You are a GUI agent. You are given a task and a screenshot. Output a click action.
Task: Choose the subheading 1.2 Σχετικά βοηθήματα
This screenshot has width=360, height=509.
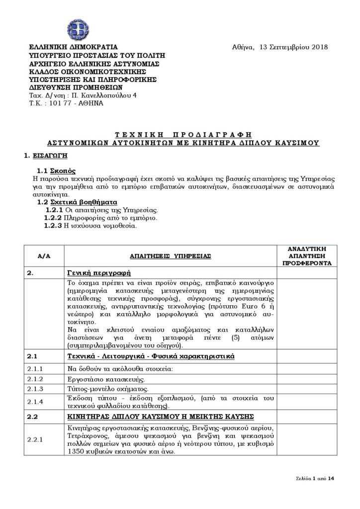[77, 203]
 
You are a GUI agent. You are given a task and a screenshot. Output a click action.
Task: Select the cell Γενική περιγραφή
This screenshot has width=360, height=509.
[98, 273]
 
